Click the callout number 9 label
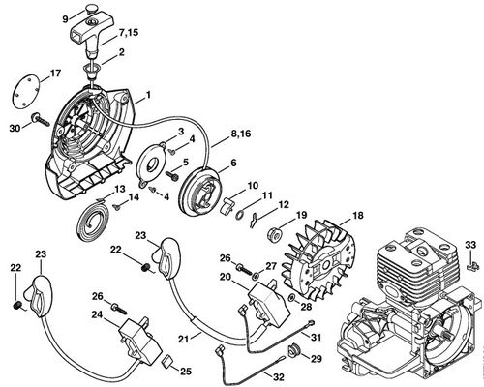pyautogui.click(x=66, y=19)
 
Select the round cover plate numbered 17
pyautogui.click(x=27, y=89)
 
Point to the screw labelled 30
pyautogui.click(x=41, y=120)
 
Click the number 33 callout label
pyautogui.click(x=470, y=245)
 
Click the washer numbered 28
pyautogui.click(x=291, y=297)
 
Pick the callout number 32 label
pyautogui.click(x=279, y=376)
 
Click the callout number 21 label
pyautogui.click(x=184, y=339)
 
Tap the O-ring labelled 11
pyautogui.click(x=240, y=214)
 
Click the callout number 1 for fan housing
pyautogui.click(x=148, y=95)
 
